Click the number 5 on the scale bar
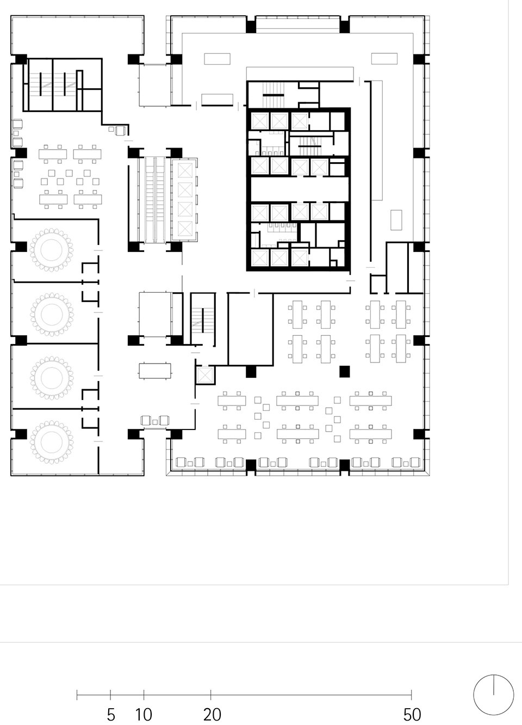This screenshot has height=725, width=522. [x=111, y=715]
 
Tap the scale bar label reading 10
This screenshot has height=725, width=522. [x=144, y=715]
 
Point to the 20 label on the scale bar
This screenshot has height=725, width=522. [x=212, y=715]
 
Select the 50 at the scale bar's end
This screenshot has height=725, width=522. [x=412, y=715]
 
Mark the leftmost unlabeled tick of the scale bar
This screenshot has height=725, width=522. [x=77, y=695]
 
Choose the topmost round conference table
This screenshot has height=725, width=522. [x=52, y=249]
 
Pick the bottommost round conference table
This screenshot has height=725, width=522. [x=52, y=441]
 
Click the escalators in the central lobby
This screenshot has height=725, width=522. [x=154, y=200]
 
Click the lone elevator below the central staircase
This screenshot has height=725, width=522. [x=205, y=375]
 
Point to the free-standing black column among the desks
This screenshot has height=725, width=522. [x=344, y=372]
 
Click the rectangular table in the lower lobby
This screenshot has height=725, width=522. [x=155, y=371]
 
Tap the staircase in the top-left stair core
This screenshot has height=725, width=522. [x=52, y=84]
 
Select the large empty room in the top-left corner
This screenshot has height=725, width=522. [x=77, y=35]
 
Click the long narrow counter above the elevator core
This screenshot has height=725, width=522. [x=300, y=73]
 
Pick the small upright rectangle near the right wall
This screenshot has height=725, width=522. [x=396, y=220]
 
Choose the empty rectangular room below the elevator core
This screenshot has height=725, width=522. [x=251, y=329]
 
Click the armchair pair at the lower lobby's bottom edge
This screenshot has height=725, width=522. [x=155, y=420]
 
